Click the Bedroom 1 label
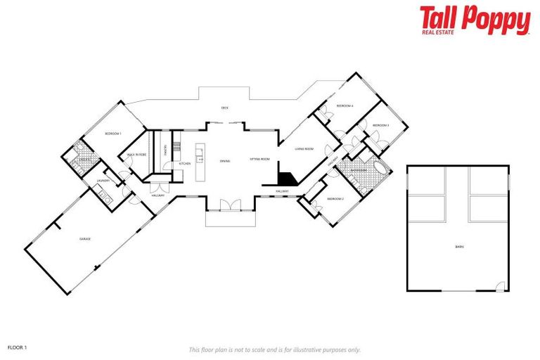113,134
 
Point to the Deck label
225,108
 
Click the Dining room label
225,162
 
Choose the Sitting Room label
259,160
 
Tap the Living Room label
304,149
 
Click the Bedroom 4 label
345,106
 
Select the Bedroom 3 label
380,125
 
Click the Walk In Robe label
136,155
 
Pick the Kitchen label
184,164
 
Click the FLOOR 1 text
17,347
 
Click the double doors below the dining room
230,205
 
